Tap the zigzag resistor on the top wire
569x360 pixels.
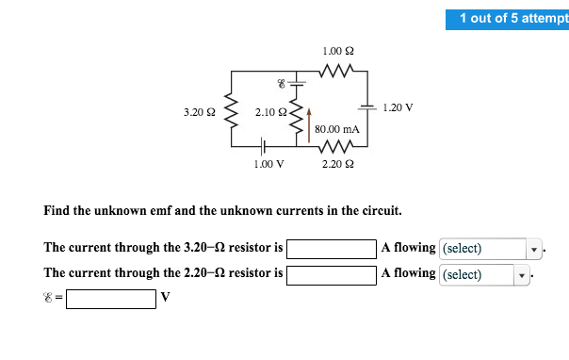pyautogui.click(x=337, y=71)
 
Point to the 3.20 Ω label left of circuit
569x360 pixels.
pyautogui.click(x=199, y=112)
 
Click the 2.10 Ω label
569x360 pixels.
pyautogui.click(x=270, y=113)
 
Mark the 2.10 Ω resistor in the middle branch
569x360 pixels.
pyautogui.click(x=299, y=119)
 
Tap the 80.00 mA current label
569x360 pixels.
pyautogui.click(x=337, y=128)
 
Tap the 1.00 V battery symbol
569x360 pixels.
pyautogui.click(x=265, y=146)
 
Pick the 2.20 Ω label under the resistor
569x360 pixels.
pyautogui.click(x=337, y=164)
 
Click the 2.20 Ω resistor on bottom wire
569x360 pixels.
pyautogui.click(x=337, y=146)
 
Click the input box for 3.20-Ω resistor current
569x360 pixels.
pyautogui.click(x=332, y=249)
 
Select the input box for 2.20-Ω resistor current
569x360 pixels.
pyautogui.click(x=332, y=274)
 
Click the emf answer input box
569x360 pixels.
pyautogui.click(x=110, y=299)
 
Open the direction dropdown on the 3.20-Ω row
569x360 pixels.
pyautogui.click(x=489, y=249)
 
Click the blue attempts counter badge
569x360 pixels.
pyautogui.click(x=508, y=19)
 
